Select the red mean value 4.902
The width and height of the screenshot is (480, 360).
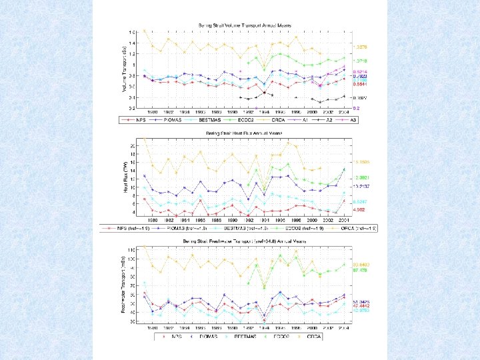coord(361,209)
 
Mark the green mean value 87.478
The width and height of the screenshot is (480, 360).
coord(361,270)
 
